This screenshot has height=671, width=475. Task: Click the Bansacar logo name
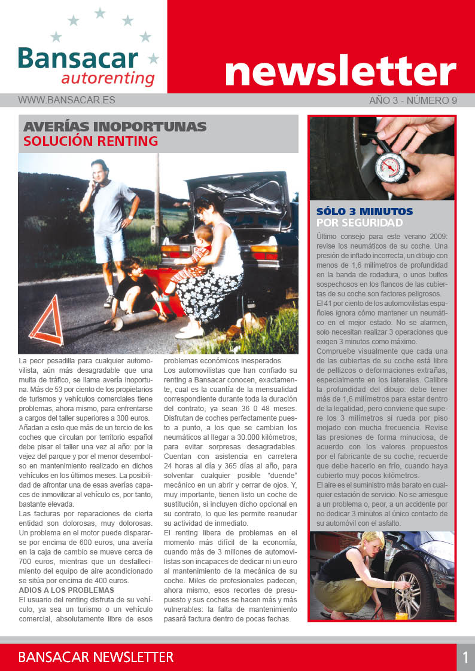(78, 59)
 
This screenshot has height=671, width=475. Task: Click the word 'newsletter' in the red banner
(340, 71)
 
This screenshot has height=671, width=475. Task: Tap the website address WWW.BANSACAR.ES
(66, 100)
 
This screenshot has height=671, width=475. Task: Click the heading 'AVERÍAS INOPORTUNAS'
(114, 127)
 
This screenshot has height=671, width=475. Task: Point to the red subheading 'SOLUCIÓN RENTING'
(90, 141)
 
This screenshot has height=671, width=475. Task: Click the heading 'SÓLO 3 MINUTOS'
(364, 212)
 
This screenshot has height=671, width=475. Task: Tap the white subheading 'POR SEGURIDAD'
(359, 223)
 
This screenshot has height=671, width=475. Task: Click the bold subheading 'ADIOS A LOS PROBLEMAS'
(63, 590)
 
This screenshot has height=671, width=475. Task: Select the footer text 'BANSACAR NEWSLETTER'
(96, 657)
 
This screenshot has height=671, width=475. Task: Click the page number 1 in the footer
(465, 657)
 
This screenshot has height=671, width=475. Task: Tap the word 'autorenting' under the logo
(108, 79)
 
